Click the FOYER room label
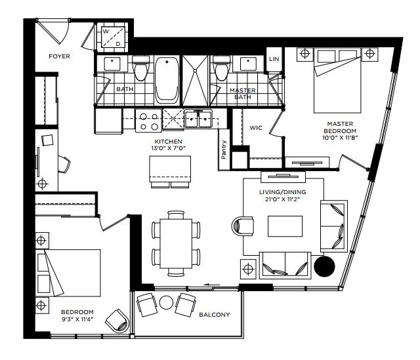click(59, 56)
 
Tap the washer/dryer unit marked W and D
click(113, 37)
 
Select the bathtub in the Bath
click(167, 81)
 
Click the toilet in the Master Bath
click(222, 68)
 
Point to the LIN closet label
click(274, 59)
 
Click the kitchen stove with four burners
click(149, 121)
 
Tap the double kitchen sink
click(198, 119)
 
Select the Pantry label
click(224, 150)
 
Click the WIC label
click(256, 128)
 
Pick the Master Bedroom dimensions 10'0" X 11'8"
click(340, 138)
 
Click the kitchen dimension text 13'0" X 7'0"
click(169, 148)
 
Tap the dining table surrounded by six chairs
click(176, 243)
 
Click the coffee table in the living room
click(285, 226)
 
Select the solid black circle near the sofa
click(324, 266)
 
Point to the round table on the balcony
click(166, 302)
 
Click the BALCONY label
click(215, 315)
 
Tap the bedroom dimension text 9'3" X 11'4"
click(77, 319)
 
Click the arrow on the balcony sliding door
click(212, 285)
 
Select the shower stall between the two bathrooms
click(196, 81)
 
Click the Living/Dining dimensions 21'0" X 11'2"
click(283, 199)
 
